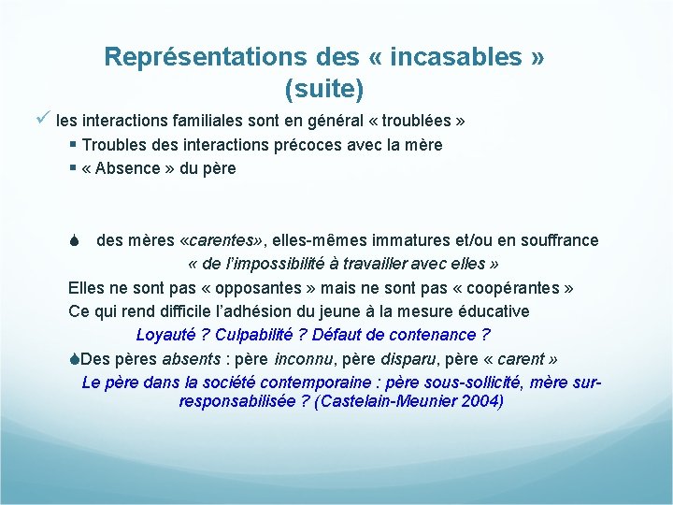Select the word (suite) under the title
pyautogui.click(x=323, y=89)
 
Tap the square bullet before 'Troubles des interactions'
pyautogui.click(x=73, y=145)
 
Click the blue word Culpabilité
pyautogui.click(x=261, y=334)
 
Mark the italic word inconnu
pyautogui.click(x=306, y=358)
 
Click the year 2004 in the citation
pyautogui.click(x=480, y=402)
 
